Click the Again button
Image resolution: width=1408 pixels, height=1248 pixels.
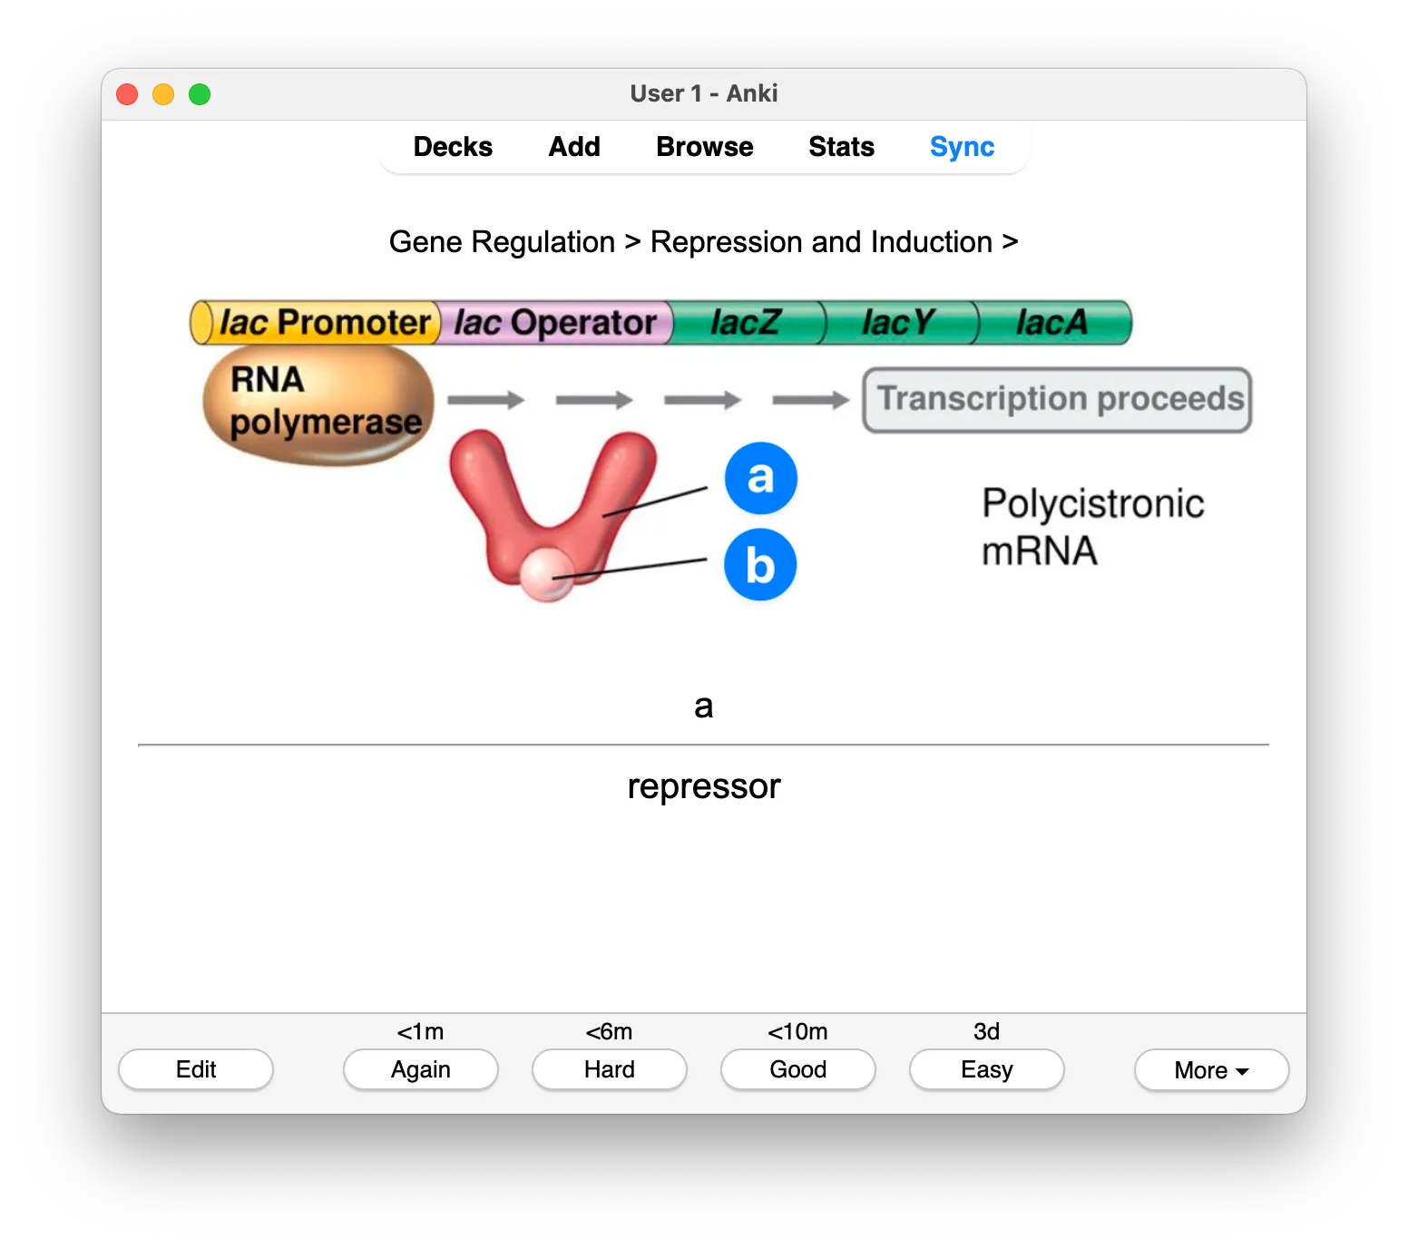coord(421,1069)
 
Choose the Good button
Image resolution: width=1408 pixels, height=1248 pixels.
coord(798,1069)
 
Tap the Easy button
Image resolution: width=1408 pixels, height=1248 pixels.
coord(986,1069)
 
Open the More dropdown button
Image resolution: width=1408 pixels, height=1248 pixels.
coord(1211,1070)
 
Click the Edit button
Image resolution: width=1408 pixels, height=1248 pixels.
coord(196,1069)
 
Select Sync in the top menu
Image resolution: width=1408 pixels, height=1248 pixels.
coord(962,147)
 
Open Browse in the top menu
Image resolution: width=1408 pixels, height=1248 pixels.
coord(704,147)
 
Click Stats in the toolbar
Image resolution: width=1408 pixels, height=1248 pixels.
coord(841,147)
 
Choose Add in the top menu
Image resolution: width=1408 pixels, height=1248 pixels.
coord(574,147)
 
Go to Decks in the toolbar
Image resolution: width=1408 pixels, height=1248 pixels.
coord(453,147)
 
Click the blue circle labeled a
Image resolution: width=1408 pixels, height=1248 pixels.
coord(760,478)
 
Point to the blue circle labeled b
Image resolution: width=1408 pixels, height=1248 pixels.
coord(760,564)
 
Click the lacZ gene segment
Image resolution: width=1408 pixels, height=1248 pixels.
coord(747,323)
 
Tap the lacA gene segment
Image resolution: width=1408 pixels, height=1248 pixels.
coord(1052,323)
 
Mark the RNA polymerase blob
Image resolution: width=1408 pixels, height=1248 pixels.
coord(318,405)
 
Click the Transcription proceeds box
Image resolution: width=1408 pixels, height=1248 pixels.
coord(1057,399)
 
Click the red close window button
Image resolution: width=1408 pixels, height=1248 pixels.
coord(127,94)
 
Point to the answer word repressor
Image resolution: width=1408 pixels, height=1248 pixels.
coord(704,786)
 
